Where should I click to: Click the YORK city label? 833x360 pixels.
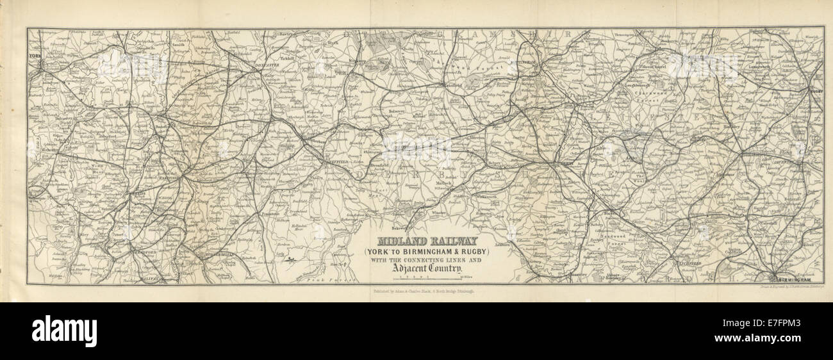pyautogui.click(x=34, y=56)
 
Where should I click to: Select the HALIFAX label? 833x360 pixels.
pyautogui.click(x=146, y=279)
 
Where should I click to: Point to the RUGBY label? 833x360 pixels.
pyautogui.click(x=816, y=91)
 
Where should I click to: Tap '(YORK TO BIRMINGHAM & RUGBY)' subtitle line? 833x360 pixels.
pyautogui.click(x=425, y=251)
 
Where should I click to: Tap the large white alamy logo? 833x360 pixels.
pyautogui.click(x=64, y=331)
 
